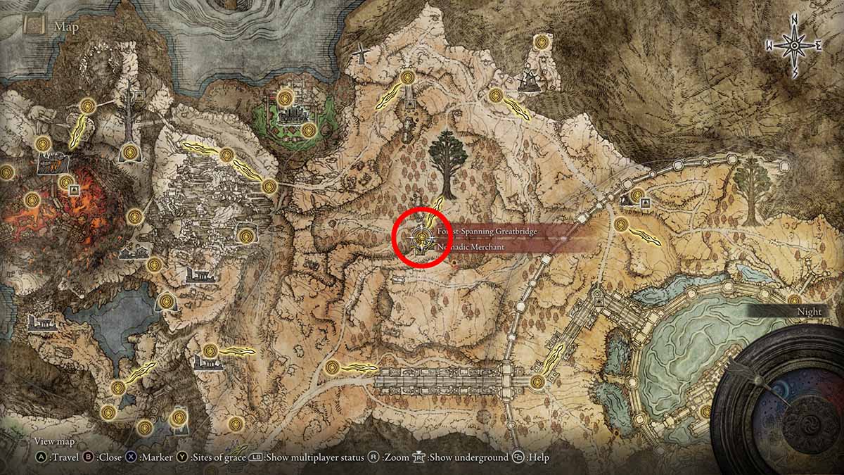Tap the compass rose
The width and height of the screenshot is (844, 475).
794,46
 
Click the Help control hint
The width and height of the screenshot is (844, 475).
532,457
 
